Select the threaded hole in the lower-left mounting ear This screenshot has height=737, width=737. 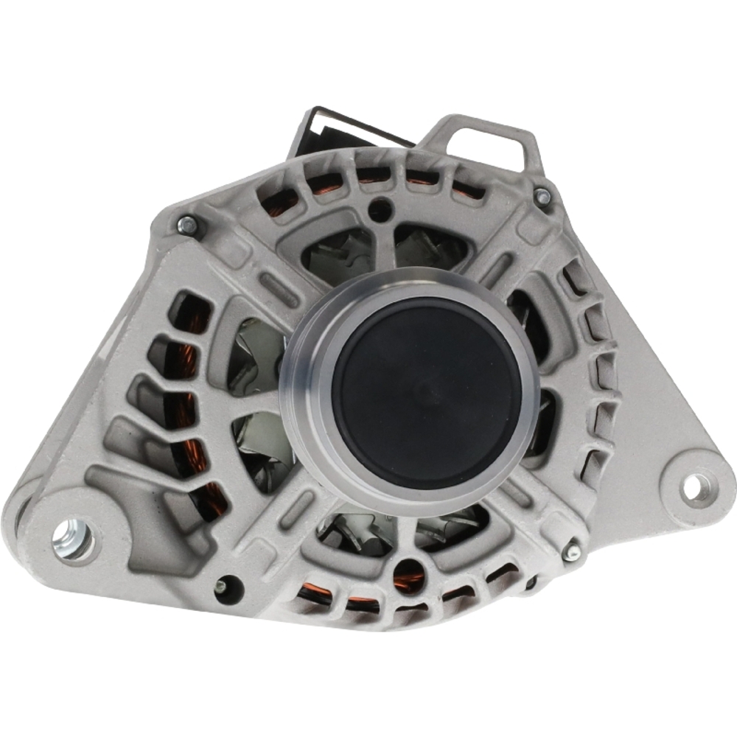tap(74, 540)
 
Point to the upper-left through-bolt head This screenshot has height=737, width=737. tap(187, 226)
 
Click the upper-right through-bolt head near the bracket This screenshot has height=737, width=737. tap(542, 196)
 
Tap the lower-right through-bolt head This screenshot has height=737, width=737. tap(571, 551)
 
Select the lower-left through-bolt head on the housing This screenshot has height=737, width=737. tap(220, 587)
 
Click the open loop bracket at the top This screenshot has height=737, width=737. tap(486, 144)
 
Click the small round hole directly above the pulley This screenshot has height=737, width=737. tap(380, 207)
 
